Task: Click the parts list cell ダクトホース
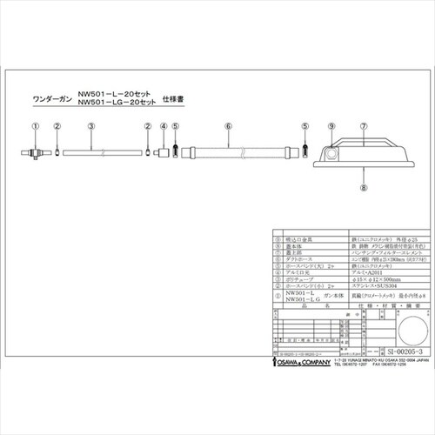click(288, 260)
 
